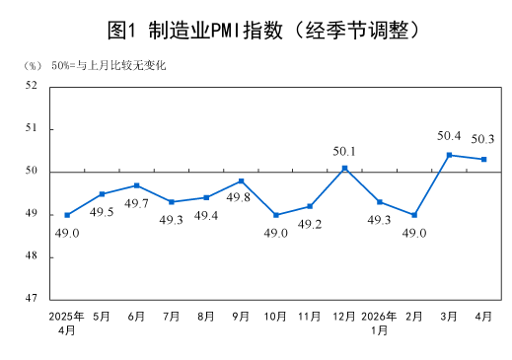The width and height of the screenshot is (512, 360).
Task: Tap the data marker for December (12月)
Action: pos(344,168)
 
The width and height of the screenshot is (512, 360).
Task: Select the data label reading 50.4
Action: pos(449,136)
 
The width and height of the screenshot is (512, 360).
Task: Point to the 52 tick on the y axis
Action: pos(32,85)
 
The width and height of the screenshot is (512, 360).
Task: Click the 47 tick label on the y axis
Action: pos(32,298)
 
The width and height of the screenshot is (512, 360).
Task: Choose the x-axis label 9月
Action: pos(241,317)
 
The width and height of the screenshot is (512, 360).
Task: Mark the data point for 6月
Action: pos(136,185)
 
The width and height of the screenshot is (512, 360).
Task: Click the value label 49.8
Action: pos(239,197)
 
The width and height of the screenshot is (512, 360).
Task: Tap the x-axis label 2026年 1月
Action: pos(379,323)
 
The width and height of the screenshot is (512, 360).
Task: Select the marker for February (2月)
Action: pos(414,215)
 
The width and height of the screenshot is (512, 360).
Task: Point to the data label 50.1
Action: pos(344,151)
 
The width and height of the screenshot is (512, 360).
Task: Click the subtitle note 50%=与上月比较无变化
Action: pos(109,65)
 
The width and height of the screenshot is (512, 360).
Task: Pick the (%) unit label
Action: pos(33,66)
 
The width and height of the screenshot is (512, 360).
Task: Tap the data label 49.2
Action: pos(310,224)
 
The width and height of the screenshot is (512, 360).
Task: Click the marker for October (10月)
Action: pos(276,215)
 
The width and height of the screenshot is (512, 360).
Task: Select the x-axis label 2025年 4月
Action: pos(66,323)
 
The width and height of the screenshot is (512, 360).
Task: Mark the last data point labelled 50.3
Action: pos(483,159)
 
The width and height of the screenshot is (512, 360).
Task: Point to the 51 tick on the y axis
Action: pos(32,127)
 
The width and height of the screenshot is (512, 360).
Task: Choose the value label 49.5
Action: pos(102,212)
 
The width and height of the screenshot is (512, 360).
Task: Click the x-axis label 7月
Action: pos(172,317)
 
